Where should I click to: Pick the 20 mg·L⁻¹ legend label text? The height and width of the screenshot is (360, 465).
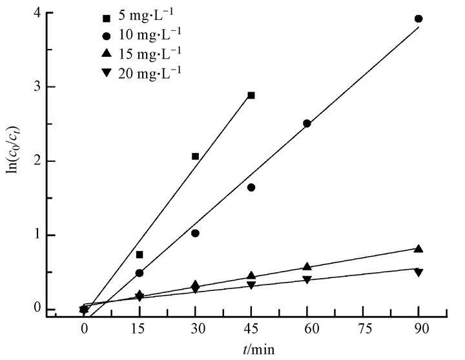click(150, 72)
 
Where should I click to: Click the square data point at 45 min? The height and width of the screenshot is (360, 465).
click(251, 95)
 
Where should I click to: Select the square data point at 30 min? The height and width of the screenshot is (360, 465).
click(195, 156)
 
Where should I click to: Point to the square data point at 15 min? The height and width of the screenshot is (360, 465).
click(139, 255)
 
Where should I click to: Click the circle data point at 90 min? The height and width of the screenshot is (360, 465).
click(418, 19)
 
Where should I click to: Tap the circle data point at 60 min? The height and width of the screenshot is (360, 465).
click(307, 123)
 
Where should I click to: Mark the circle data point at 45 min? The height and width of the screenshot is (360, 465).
click(251, 187)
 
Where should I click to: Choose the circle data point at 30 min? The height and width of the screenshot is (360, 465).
click(195, 233)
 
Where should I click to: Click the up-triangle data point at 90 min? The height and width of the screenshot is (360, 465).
click(418, 248)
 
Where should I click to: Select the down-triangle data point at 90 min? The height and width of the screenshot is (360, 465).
click(418, 273)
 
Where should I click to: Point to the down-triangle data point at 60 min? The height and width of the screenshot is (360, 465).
click(307, 280)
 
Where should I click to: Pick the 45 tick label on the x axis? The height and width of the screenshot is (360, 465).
click(251, 329)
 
